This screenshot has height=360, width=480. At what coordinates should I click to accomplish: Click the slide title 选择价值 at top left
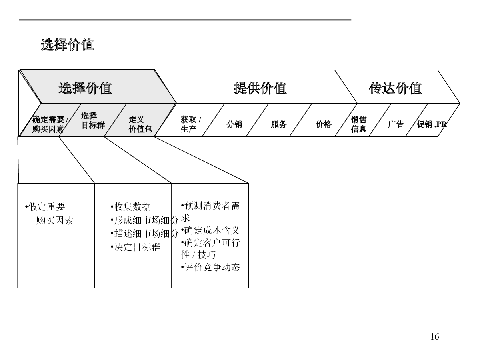pyautogui.click(x=67, y=45)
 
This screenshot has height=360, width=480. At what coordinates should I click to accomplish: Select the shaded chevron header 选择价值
pyautogui.click(x=85, y=88)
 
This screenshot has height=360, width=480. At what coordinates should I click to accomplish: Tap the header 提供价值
pyautogui.click(x=260, y=88)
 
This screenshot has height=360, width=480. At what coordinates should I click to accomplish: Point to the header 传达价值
pyautogui.click(x=395, y=88)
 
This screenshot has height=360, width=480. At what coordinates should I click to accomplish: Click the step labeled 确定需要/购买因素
pyautogui.click(x=50, y=124)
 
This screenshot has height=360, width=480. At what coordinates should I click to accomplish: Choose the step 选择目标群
pyautogui.click(x=93, y=120)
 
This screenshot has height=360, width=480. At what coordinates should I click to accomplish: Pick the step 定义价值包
pyautogui.click(x=140, y=124)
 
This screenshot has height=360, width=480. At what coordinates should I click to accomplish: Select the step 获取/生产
pyautogui.click(x=190, y=124)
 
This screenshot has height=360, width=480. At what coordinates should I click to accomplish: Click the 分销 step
pyautogui.click(x=234, y=124)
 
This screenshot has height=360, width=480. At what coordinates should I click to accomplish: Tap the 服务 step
pyautogui.click(x=279, y=124)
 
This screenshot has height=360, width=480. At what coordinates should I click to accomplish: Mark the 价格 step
pyautogui.click(x=324, y=124)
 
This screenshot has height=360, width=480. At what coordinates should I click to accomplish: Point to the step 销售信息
pyautogui.click(x=359, y=124)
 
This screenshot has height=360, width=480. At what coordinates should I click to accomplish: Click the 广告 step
pyautogui.click(x=396, y=124)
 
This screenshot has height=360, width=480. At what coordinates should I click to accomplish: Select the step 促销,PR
pyautogui.click(x=432, y=124)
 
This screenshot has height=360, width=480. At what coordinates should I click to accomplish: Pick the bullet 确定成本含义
pyautogui.click(x=211, y=231)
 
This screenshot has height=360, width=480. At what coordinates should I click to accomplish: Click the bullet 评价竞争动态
pyautogui.click(x=211, y=267)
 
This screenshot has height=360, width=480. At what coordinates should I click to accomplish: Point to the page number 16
pyautogui.click(x=434, y=336)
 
